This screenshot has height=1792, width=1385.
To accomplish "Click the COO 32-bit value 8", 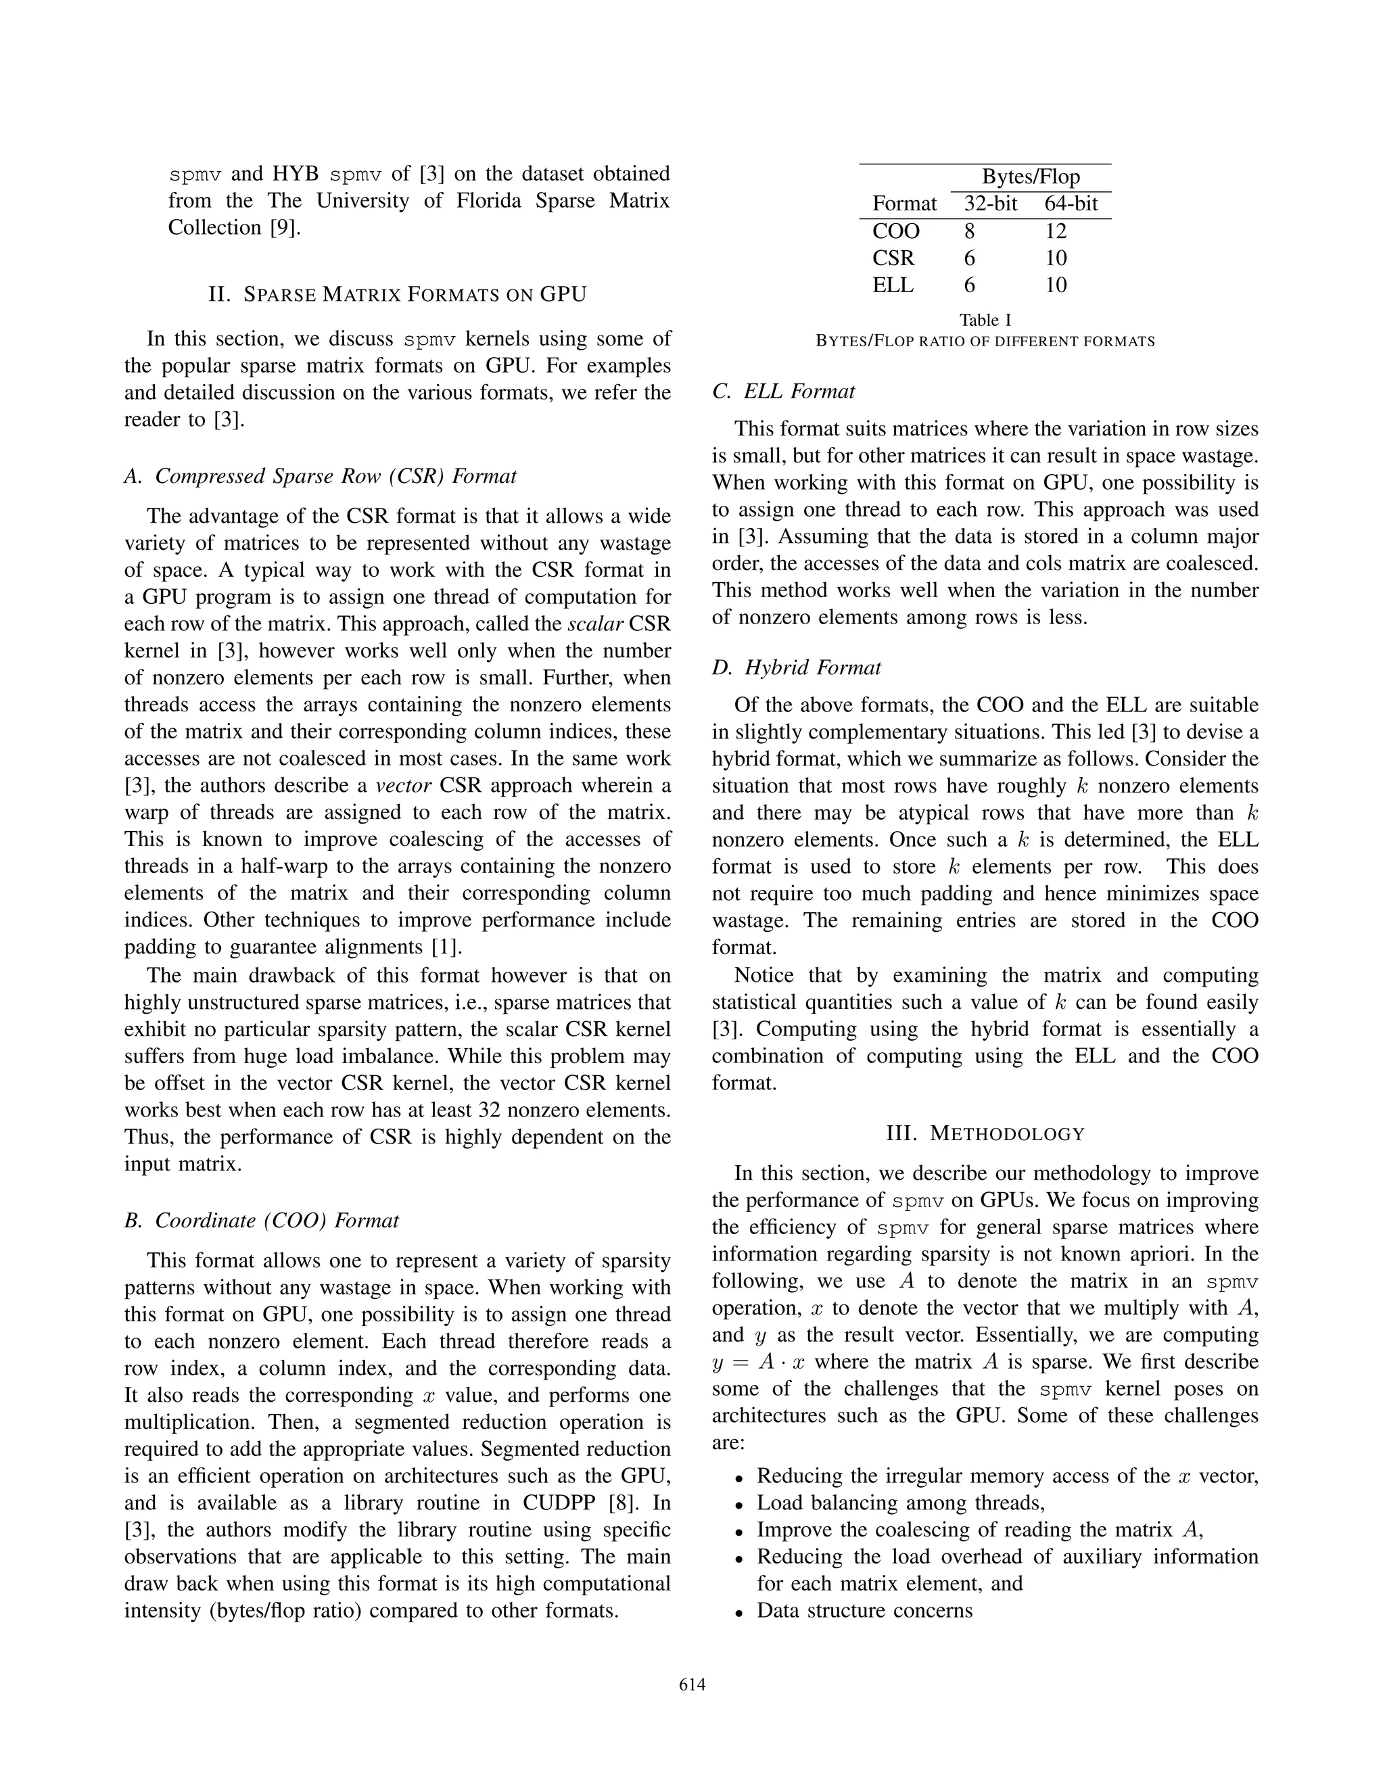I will [x=969, y=231].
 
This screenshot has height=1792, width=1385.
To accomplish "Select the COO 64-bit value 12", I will [x=1055, y=231].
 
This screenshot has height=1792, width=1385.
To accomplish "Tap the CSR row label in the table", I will [x=893, y=258].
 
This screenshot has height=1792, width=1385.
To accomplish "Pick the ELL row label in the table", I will [x=893, y=285].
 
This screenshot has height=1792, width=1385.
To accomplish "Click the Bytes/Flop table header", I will [x=1031, y=177].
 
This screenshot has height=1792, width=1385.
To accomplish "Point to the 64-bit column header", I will [x=1071, y=204].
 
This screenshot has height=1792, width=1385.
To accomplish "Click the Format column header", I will [x=904, y=204].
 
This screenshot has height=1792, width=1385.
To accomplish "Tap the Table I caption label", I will [x=985, y=320].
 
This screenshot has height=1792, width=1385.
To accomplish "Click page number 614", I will [x=692, y=1684].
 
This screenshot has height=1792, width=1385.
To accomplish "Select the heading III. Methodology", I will [x=985, y=1135].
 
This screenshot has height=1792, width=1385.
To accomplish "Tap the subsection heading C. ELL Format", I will [x=784, y=392].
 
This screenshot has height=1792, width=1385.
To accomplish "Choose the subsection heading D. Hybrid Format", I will [x=796, y=668].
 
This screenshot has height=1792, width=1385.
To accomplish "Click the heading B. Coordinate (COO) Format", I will [x=261, y=1221].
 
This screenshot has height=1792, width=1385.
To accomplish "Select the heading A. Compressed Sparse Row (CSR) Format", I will [x=320, y=477].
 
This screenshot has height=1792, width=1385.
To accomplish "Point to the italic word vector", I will [x=404, y=786].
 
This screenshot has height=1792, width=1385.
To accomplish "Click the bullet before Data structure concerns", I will [x=738, y=1612].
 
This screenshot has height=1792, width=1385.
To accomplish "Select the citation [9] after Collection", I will [x=285, y=227].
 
